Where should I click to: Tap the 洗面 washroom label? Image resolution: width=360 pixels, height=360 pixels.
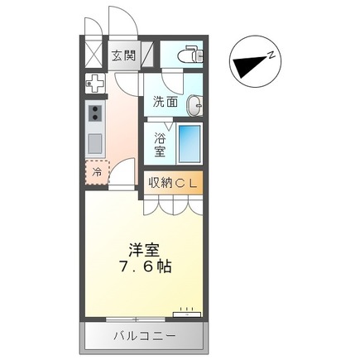165,103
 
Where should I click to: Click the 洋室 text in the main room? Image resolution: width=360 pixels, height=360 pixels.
142,247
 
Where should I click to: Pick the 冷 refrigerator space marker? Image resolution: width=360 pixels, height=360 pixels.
97,172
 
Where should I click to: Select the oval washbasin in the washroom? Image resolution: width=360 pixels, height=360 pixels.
194,106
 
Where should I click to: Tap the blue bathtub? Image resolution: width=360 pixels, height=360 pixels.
189,142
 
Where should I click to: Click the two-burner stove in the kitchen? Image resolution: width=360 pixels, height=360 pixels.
95,113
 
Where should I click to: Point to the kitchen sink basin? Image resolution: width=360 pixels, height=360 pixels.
95,142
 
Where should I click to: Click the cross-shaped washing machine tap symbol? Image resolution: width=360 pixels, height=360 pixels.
96,84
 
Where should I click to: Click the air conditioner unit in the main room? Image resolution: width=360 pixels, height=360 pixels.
186,314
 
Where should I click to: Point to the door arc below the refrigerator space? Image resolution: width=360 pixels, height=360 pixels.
122,174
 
